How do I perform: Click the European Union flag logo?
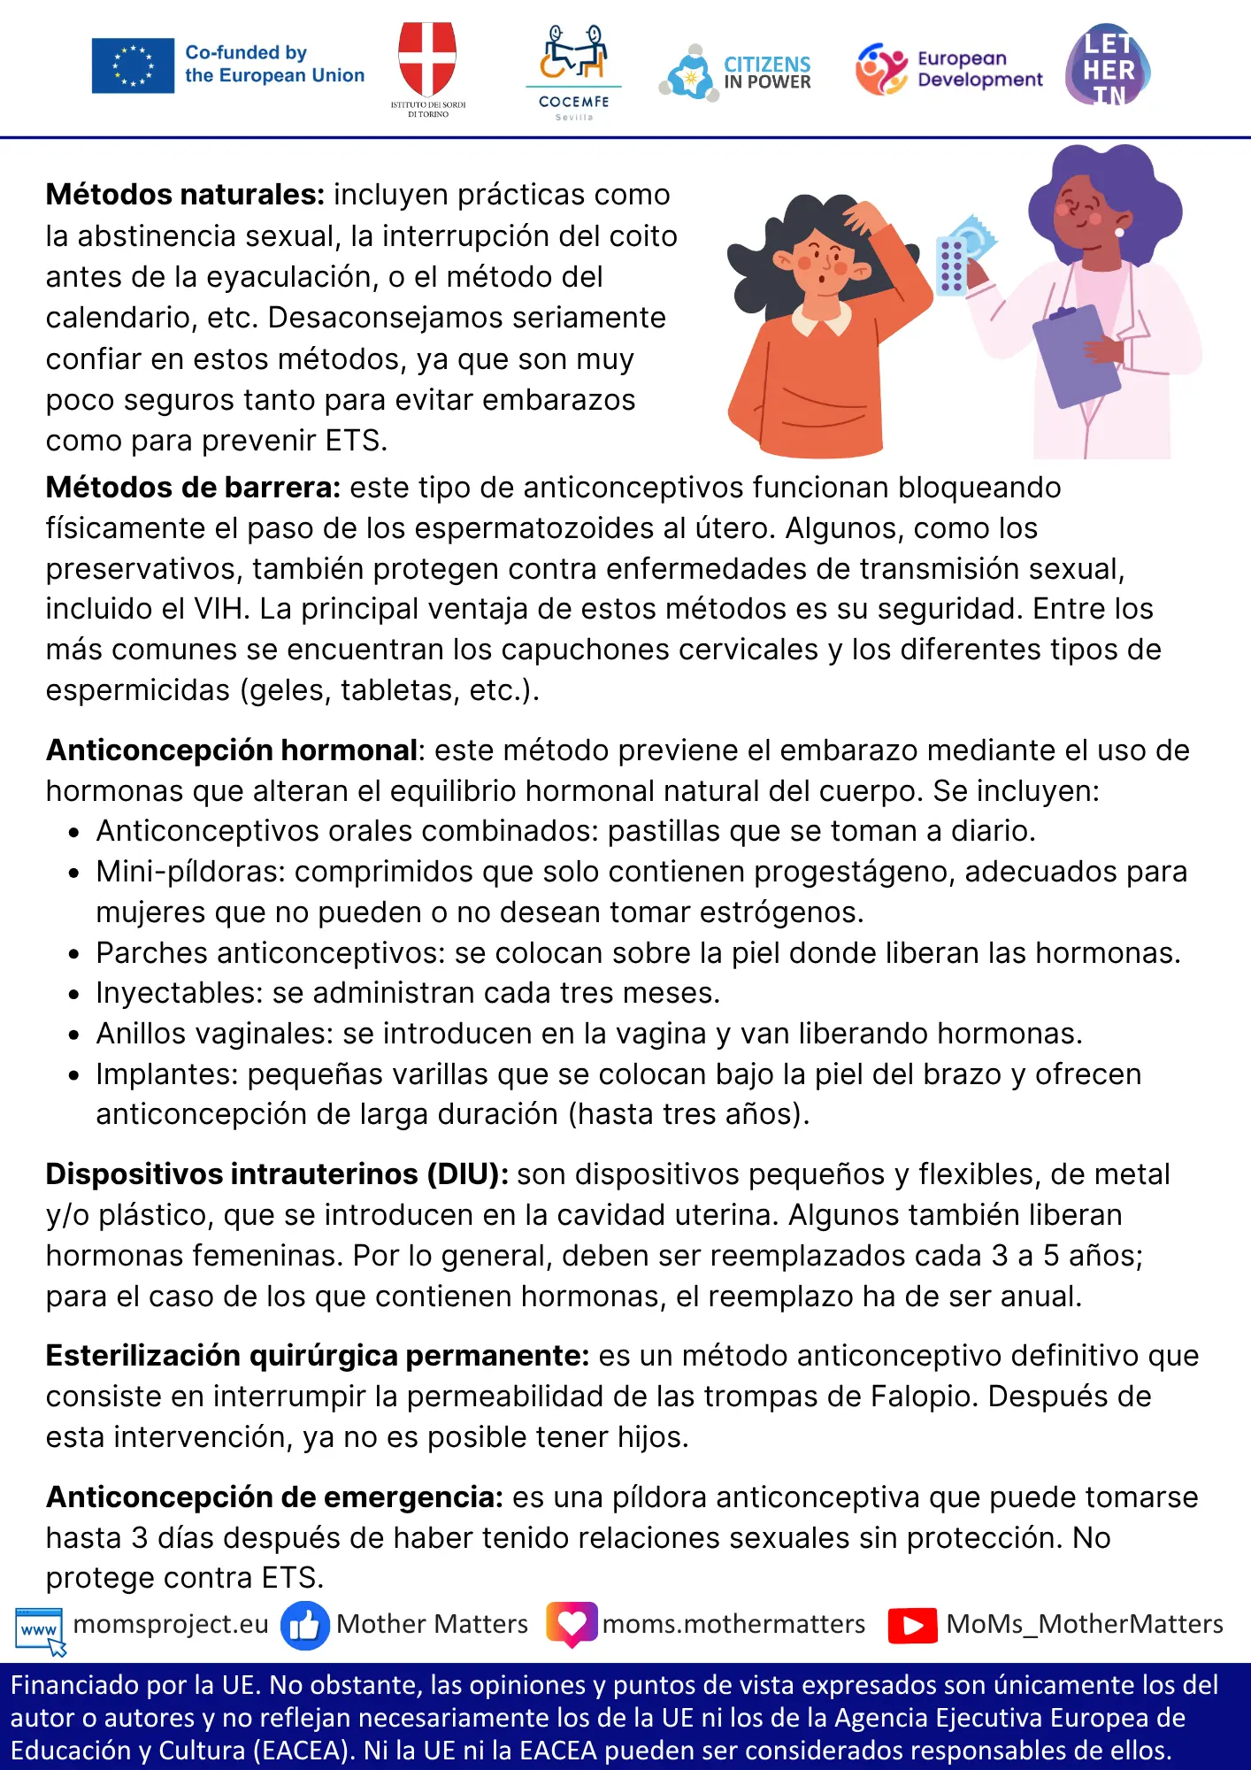pyautogui.click(x=133, y=65)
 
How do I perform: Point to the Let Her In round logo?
pyautogui.click(x=1108, y=66)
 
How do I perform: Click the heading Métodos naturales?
pyautogui.click(x=185, y=195)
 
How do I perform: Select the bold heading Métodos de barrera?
pyautogui.click(x=193, y=488)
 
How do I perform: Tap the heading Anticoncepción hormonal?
pyautogui.click(x=232, y=750)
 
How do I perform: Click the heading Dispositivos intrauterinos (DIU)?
pyautogui.click(x=277, y=1174)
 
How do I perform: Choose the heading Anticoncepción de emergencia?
pyautogui.click(x=274, y=1497)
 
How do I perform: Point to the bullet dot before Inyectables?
pyautogui.click(x=74, y=995)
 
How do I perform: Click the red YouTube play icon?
pyautogui.click(x=912, y=1626)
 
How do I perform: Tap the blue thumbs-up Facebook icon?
pyautogui.click(x=304, y=1626)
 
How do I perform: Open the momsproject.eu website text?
pyautogui.click(x=171, y=1624)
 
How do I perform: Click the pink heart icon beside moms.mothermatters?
pyautogui.click(x=572, y=1624)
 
